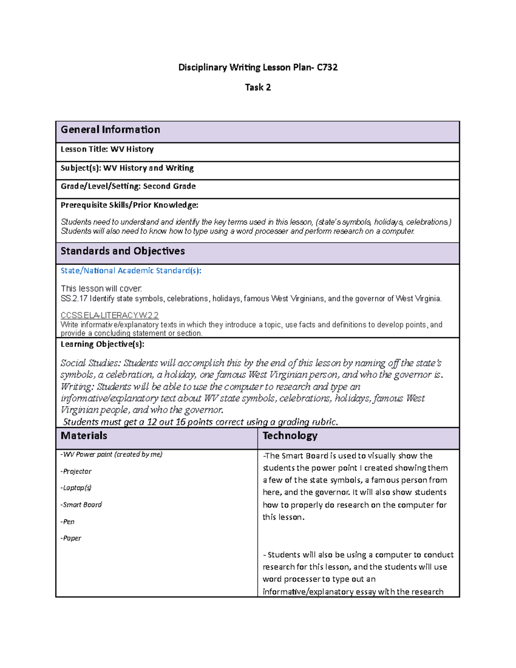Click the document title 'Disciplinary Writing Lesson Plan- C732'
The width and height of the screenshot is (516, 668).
[x=258, y=68]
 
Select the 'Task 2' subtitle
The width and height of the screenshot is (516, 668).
[x=258, y=87]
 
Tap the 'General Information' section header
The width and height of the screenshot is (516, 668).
[x=111, y=130]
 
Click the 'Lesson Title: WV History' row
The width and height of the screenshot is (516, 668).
[x=107, y=149]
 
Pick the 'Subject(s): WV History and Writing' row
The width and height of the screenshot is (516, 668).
[x=127, y=168]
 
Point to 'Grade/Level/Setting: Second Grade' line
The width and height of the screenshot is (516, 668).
[x=128, y=186]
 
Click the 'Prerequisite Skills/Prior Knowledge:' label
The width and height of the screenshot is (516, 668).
[x=129, y=205]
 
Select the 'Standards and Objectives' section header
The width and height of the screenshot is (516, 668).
[x=123, y=251]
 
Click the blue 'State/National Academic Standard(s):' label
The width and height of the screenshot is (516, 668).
[x=131, y=271]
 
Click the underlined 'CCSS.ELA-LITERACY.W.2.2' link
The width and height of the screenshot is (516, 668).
[x=110, y=315]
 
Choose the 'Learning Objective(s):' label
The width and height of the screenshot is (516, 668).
[x=102, y=344]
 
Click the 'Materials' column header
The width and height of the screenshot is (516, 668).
[x=84, y=436]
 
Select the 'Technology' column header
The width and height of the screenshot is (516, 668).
[x=290, y=436]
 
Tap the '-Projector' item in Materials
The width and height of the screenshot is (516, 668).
[x=76, y=471]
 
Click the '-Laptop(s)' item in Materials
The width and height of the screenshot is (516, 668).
[x=76, y=488]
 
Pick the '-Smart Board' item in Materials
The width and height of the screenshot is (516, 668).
[x=81, y=505]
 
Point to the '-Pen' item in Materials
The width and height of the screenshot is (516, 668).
[x=68, y=522]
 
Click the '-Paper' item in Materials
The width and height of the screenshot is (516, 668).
[x=71, y=538]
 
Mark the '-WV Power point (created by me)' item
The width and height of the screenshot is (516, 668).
[x=111, y=455]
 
